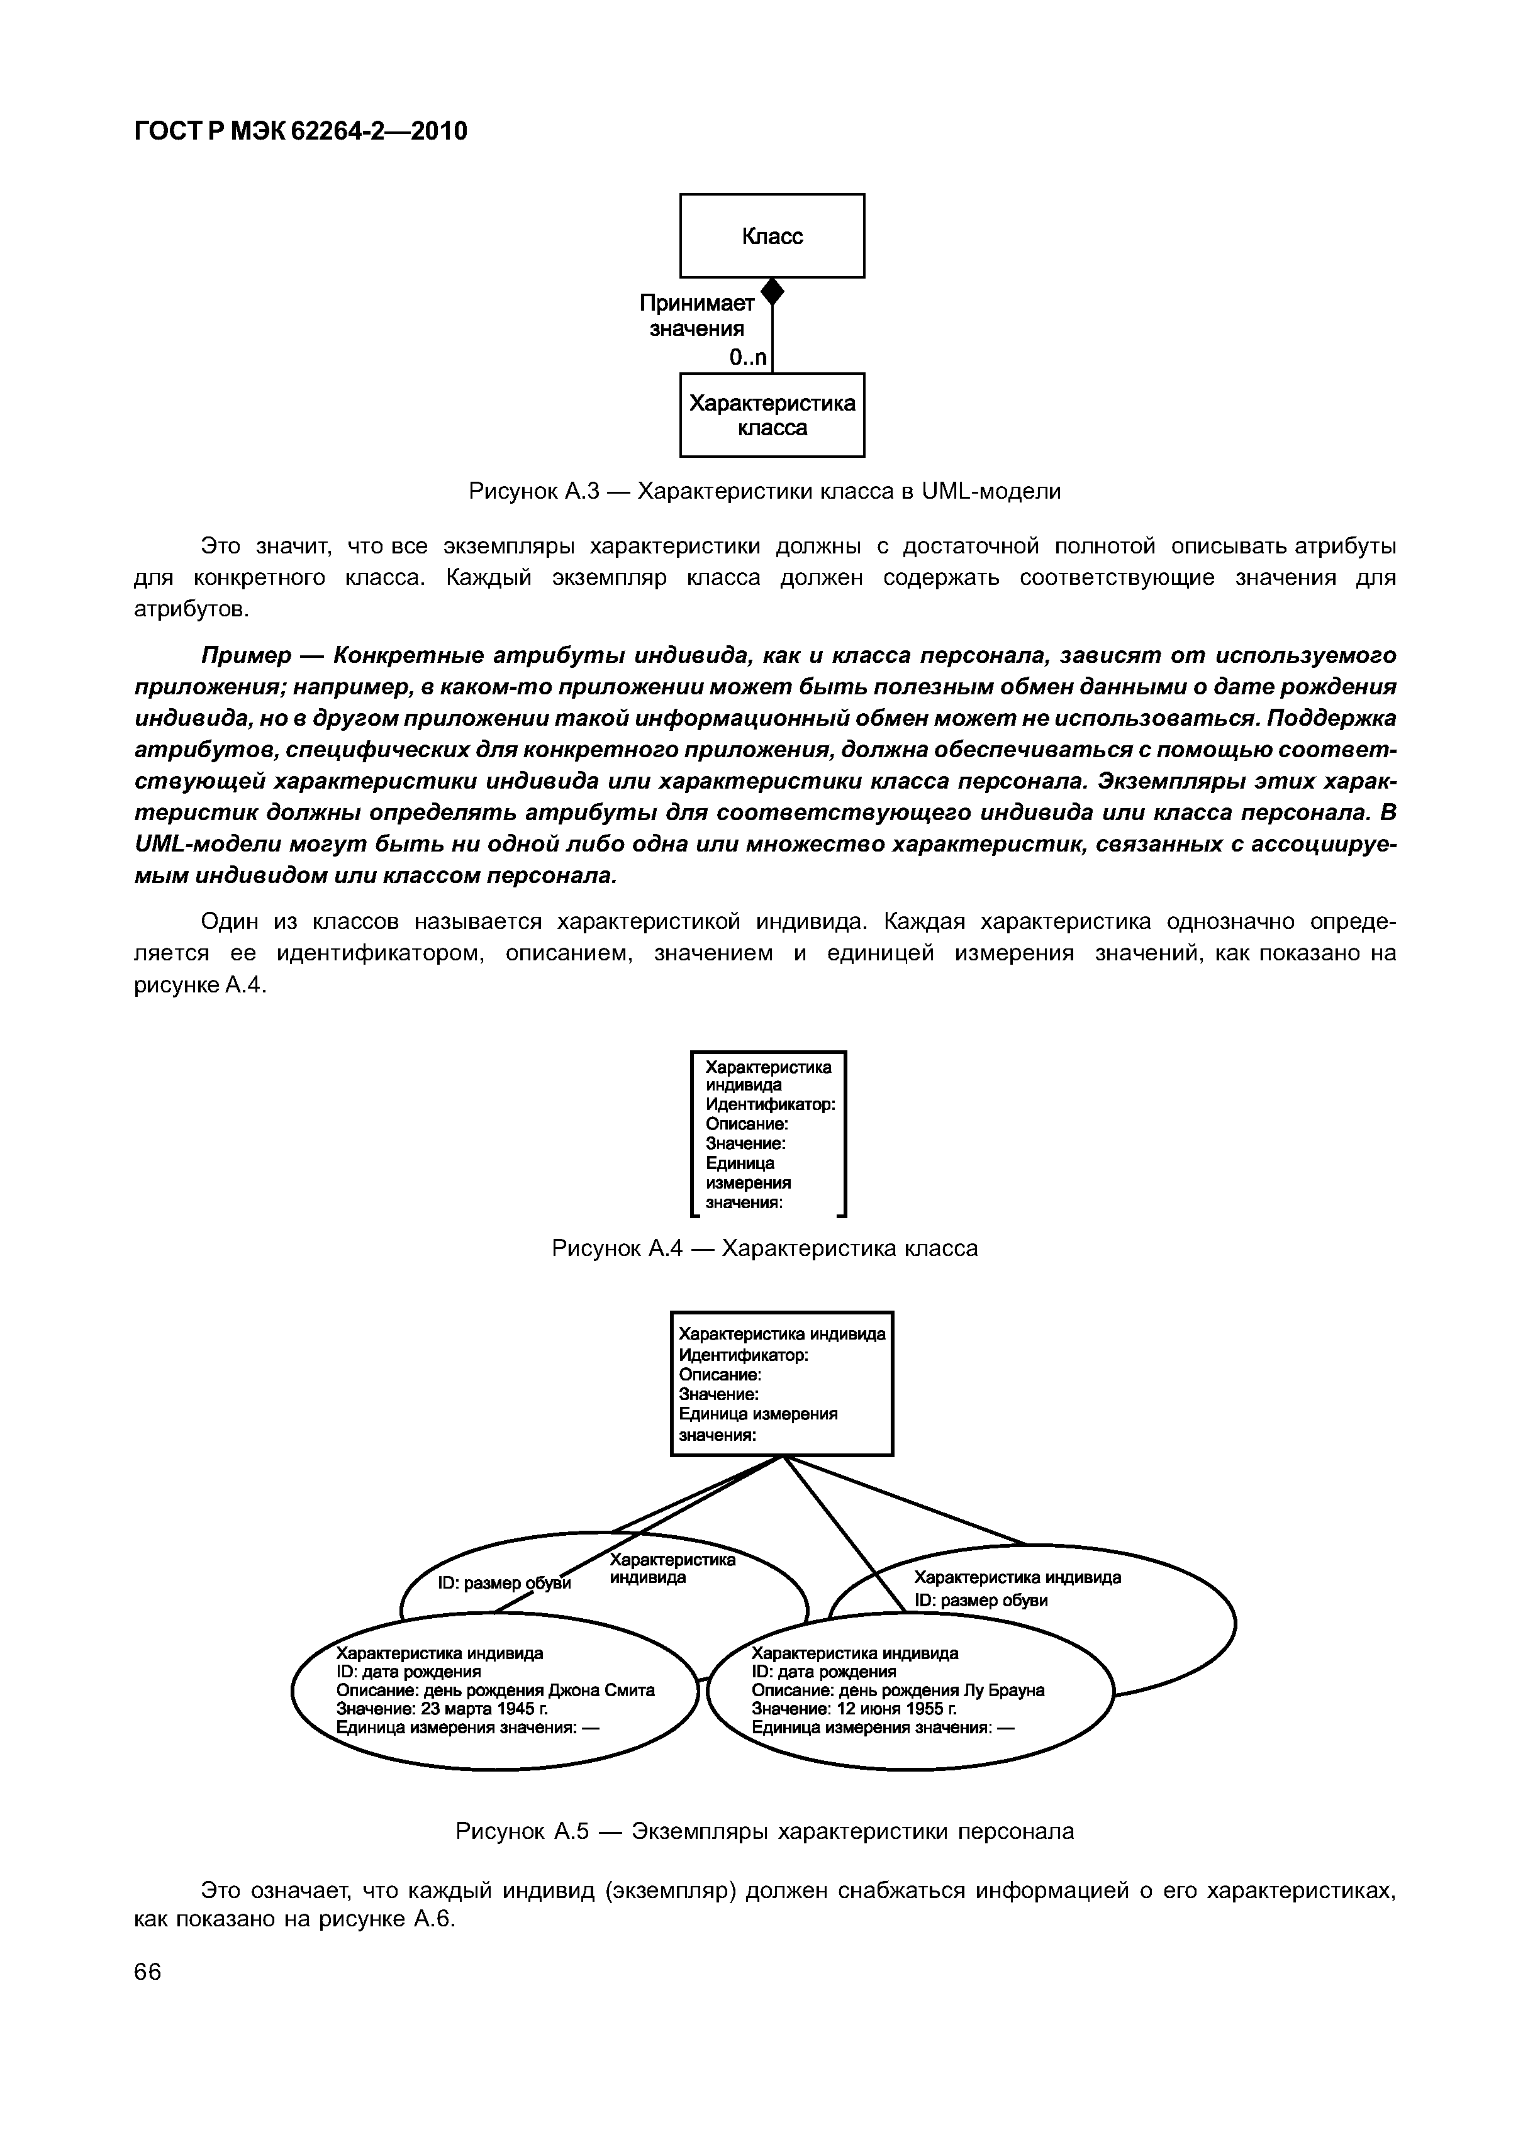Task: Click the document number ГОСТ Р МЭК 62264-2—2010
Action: tap(300, 131)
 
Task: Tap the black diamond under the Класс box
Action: tap(773, 292)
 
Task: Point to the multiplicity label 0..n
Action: tap(748, 357)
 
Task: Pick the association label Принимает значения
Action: tap(697, 316)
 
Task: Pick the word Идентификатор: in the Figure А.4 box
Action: tap(769, 1104)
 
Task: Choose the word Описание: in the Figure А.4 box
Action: tap(747, 1124)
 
